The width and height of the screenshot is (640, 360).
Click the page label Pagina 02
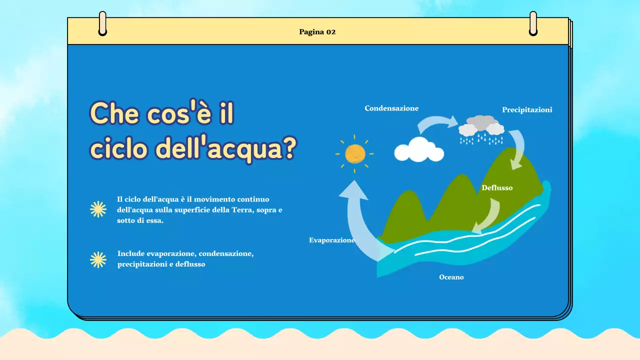point(317,32)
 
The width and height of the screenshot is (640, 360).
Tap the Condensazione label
point(391,108)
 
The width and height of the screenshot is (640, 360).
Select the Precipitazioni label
point(527,109)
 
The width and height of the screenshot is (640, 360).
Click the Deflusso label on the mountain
point(497,188)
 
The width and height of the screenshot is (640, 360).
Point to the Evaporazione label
point(332,240)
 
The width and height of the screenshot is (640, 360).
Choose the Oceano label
point(451,277)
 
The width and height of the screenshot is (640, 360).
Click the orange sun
point(355,153)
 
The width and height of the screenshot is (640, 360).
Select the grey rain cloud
point(481,125)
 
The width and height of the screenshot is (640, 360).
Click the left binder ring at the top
point(102,23)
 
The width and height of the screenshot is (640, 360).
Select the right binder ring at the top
point(533,23)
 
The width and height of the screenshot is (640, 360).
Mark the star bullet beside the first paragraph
point(98,209)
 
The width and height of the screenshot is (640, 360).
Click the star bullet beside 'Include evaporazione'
point(98,259)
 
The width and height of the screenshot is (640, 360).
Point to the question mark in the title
point(286,148)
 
